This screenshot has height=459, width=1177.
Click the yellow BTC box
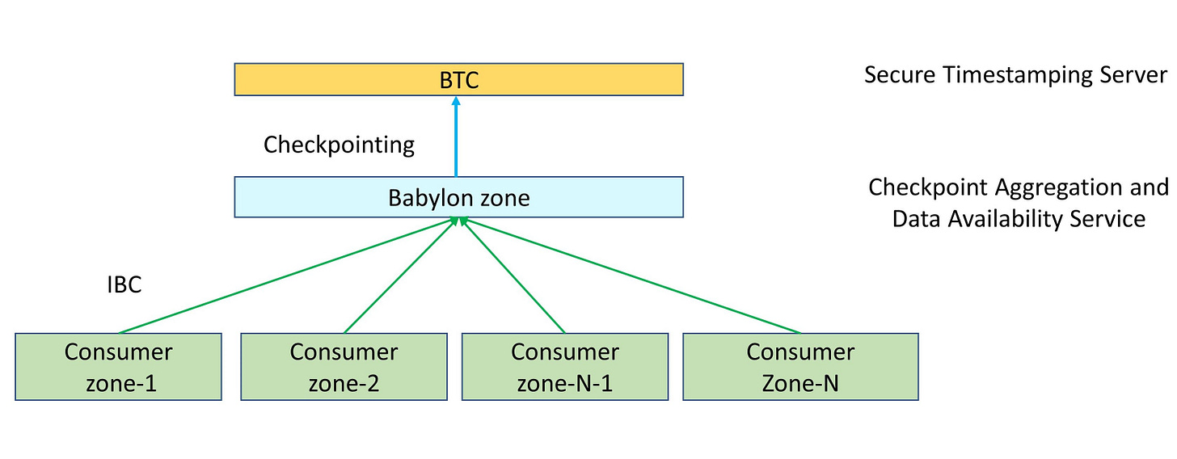(458, 80)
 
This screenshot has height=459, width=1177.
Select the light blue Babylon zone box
(458, 197)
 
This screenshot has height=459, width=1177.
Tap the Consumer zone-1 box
(118, 367)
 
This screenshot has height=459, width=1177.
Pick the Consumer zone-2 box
(344, 367)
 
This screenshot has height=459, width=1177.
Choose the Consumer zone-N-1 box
(565, 367)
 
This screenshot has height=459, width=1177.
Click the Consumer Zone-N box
(800, 367)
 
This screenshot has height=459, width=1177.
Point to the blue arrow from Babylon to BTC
(456, 137)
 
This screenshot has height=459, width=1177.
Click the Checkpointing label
(339, 145)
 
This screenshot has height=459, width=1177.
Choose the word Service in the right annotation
(1109, 219)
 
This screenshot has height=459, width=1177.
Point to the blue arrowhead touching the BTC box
(456, 102)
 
